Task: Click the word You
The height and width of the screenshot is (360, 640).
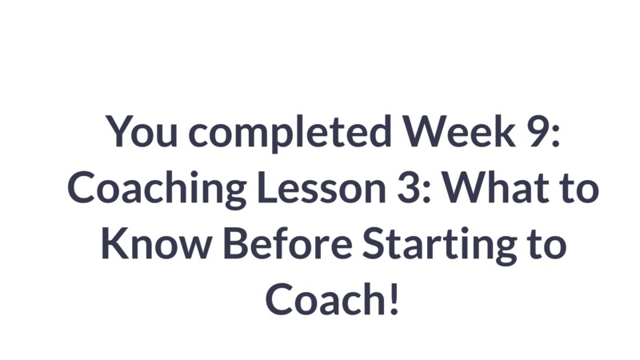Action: (142, 131)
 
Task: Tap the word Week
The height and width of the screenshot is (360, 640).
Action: (458, 130)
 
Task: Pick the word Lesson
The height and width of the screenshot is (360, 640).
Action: (322, 188)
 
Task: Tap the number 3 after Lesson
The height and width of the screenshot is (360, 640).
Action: (409, 188)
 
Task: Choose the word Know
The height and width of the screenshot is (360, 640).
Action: (155, 244)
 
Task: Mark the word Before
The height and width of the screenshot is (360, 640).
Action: (288, 243)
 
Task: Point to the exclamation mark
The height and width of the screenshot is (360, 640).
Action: (394, 300)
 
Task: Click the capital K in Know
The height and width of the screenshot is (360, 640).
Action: (114, 243)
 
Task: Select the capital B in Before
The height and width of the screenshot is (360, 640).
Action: (235, 243)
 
